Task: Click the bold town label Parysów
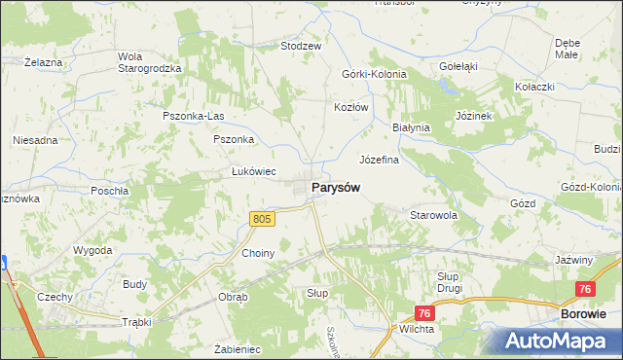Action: [339, 188]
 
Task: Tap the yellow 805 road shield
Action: [261, 221]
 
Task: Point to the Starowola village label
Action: [433, 214]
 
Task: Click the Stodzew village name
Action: [301, 46]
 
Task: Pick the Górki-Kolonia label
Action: [374, 74]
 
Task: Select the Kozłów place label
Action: [350, 107]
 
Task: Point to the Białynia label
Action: [410, 127]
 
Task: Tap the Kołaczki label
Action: [533, 86]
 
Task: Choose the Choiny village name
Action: [258, 253]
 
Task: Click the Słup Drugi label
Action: [449, 282]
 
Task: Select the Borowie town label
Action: [584, 314]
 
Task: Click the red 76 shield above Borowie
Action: [585, 290]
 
